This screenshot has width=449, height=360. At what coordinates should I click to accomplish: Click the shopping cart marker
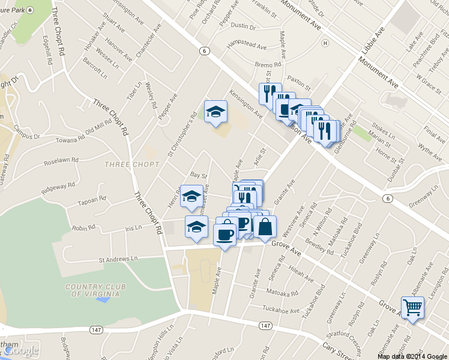412,308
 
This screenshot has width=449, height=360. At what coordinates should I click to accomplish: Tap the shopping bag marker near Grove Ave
265,227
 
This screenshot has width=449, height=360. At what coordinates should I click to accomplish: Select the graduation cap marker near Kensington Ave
215,112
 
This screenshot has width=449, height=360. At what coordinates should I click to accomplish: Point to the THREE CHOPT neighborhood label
132,164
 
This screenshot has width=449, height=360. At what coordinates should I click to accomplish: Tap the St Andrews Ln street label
118,259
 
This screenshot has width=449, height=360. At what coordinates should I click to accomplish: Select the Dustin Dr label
243,26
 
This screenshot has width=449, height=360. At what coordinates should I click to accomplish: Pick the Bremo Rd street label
268,65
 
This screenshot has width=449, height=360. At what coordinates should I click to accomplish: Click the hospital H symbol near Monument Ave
325,43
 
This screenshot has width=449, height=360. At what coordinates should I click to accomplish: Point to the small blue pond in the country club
102,300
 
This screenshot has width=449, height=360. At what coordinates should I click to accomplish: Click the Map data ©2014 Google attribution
412,356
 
